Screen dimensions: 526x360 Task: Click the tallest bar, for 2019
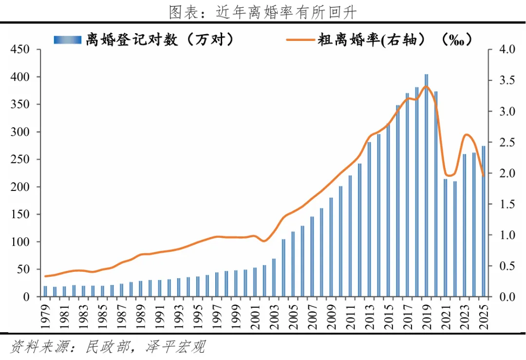426,186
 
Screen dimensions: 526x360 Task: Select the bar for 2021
446,238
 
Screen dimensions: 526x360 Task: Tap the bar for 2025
484,222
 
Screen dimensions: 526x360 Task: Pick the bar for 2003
274,278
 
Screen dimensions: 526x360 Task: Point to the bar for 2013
369,219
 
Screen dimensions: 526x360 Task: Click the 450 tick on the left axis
20,49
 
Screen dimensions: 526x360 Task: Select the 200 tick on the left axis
20,187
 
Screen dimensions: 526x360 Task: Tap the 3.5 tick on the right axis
507,80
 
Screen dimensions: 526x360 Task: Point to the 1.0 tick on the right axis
507,235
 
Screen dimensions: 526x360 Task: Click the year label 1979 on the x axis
45,316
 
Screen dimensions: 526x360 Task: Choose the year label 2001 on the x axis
255,316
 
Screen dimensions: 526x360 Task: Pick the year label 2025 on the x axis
484,316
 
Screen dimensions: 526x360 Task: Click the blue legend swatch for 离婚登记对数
67,40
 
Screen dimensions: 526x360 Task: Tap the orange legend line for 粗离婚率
300,40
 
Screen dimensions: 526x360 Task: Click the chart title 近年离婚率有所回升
285,12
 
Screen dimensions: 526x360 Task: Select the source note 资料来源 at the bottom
107,346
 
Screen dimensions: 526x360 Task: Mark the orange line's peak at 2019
426,87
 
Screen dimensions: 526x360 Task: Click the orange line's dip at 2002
264,241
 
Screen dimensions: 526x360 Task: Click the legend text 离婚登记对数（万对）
160,40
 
